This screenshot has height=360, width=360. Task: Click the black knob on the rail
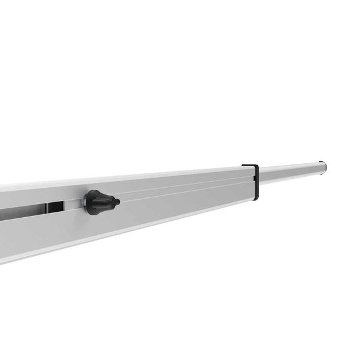coord(98,202)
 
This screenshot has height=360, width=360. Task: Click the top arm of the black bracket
coord(250,166)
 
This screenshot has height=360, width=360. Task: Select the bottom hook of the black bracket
coord(254,199)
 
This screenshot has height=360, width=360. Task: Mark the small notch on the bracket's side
coord(258,176)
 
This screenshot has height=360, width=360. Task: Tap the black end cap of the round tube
coord(323,167)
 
